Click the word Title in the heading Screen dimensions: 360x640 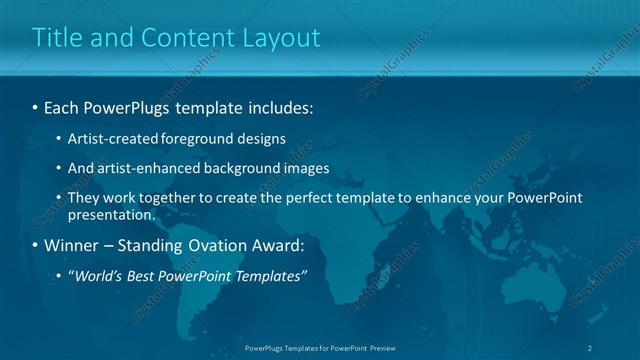point(56,38)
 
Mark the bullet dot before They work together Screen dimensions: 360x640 point(58,198)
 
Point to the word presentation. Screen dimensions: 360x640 point(112,214)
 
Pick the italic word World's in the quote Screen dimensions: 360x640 point(99,275)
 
